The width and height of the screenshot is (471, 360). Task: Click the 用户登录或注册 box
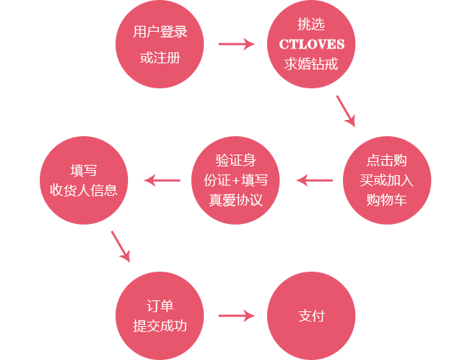159,44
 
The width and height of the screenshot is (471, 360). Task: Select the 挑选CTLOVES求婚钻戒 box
311,44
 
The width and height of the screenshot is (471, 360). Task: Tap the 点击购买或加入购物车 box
386,180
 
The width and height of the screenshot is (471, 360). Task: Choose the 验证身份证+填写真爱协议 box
235,180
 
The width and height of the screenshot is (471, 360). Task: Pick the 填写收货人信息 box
84,180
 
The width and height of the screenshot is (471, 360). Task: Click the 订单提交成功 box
159,315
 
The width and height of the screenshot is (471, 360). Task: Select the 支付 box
311,315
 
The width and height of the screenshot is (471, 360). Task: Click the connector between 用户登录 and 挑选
237,44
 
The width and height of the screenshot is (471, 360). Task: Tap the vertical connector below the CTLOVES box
345,111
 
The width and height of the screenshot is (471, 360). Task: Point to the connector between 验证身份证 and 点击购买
314,180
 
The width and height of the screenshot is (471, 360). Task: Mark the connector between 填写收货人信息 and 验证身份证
162,180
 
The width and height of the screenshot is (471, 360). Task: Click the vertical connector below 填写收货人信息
120,247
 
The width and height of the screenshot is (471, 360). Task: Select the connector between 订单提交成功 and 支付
237,316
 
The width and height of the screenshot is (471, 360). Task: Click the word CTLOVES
311,44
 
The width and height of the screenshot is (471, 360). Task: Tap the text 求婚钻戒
311,63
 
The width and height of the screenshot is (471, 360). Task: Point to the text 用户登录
160,32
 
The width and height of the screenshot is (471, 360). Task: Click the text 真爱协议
235,200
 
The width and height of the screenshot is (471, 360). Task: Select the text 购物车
386,200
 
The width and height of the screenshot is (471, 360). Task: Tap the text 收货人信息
84,190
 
